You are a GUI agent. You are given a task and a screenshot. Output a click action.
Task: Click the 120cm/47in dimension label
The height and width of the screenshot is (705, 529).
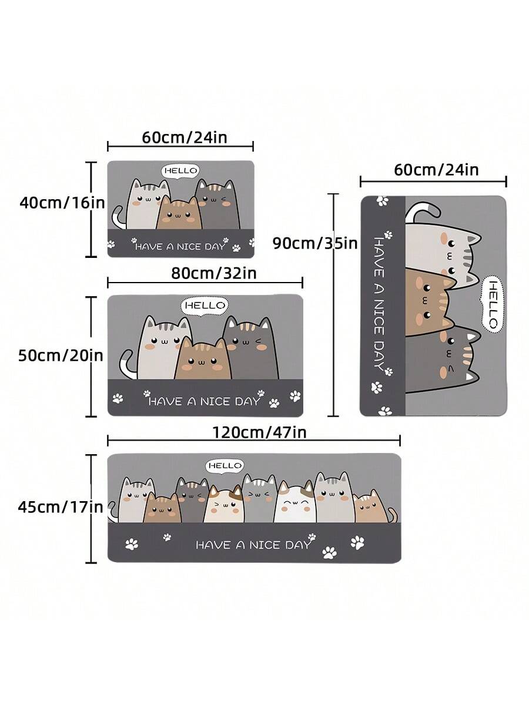(x=259, y=433)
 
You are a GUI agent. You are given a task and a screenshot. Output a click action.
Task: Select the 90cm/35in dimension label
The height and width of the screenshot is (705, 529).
(x=315, y=243)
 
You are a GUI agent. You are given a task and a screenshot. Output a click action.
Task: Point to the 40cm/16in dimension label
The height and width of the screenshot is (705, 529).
(x=62, y=203)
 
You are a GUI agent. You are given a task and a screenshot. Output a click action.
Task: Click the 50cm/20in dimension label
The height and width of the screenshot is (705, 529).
(x=61, y=355)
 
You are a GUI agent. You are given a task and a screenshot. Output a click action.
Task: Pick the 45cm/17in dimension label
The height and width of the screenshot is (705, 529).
(x=61, y=506)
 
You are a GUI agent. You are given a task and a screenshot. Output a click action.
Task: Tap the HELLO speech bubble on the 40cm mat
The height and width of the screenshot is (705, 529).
(x=180, y=171)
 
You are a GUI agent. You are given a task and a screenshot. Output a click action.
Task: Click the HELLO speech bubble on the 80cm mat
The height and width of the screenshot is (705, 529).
(x=205, y=305)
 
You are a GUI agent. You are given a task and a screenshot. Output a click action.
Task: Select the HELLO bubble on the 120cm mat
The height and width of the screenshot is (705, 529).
(x=225, y=466)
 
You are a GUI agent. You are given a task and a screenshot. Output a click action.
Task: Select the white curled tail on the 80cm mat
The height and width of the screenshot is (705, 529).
(x=126, y=364)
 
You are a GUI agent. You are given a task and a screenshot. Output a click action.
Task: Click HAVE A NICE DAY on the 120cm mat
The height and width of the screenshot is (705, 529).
(x=253, y=545)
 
